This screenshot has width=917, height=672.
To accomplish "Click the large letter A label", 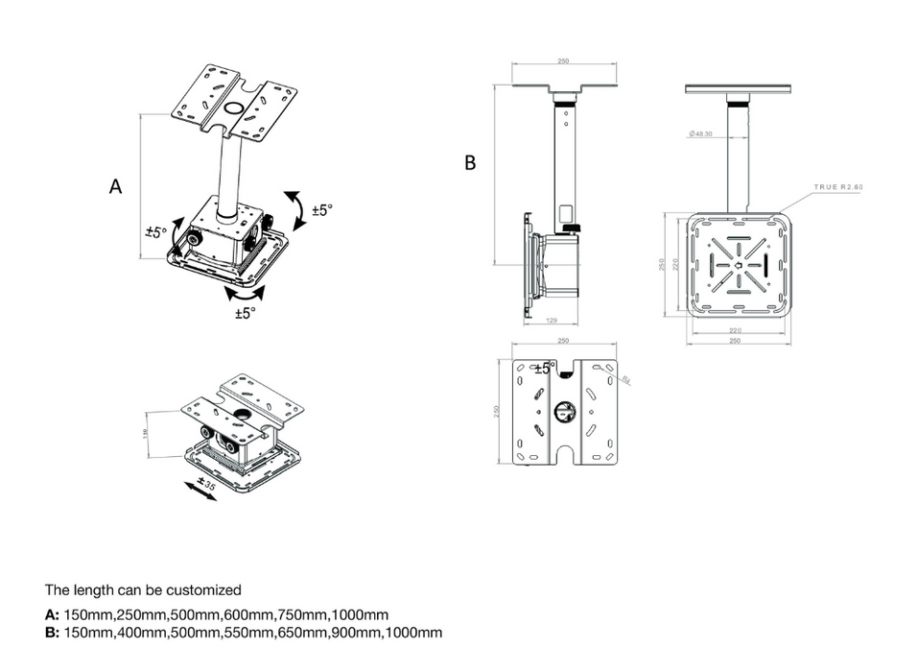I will (115, 186).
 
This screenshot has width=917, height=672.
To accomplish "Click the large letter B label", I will (470, 163).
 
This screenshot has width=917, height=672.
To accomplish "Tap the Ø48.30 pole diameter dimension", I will (700, 133).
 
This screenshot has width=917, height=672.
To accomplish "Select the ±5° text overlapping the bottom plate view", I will (544, 369).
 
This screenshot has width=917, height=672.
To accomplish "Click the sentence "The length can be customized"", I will (143, 589).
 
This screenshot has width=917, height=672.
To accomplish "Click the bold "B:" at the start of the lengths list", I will (52, 633).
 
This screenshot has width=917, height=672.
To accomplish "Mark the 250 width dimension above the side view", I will (563, 61).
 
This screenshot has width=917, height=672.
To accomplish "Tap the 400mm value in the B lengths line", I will (142, 633).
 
